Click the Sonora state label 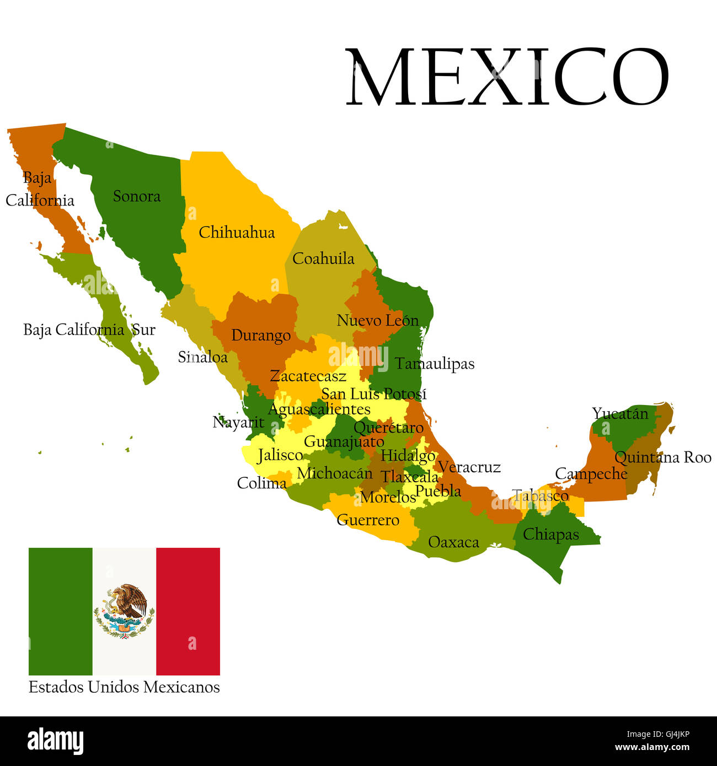point(137,196)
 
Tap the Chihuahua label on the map point(237,233)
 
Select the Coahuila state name point(323,258)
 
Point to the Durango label point(261,335)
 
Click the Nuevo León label point(377,320)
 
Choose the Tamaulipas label point(435,364)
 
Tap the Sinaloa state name point(202,357)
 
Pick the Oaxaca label point(453,542)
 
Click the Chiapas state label point(550,534)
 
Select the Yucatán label point(620,413)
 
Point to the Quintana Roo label point(662,457)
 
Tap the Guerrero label point(368,520)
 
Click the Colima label point(261,483)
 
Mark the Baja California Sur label point(89,330)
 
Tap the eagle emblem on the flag point(125,611)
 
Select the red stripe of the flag point(188,611)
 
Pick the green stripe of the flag point(61,611)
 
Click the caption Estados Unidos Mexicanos point(124,687)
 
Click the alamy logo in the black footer point(55,741)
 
